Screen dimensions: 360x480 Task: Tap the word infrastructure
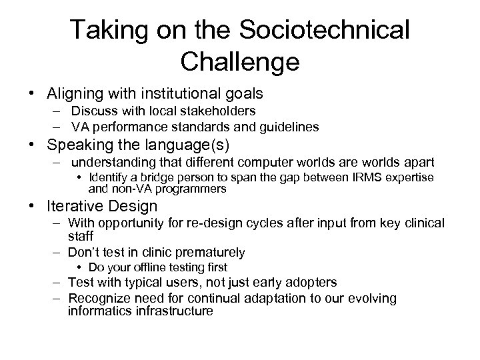pos(173,310)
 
